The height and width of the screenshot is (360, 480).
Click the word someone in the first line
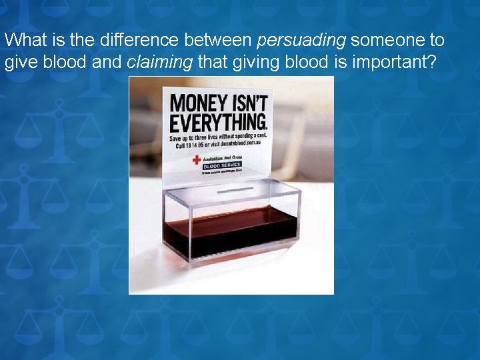click(381, 40)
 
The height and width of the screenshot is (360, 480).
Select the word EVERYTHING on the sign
click(218, 123)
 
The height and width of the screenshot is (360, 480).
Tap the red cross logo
click(196, 160)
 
